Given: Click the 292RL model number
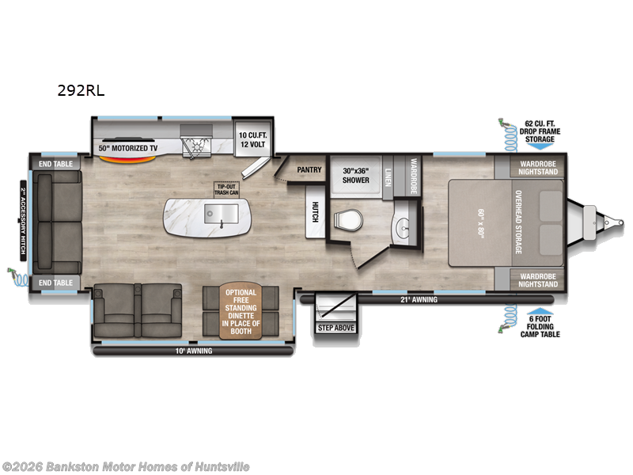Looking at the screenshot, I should [81, 90].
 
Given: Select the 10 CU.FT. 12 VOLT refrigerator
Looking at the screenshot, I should [254, 140].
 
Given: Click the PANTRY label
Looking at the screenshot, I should [308, 169].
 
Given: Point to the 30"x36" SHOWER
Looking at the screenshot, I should [356, 175].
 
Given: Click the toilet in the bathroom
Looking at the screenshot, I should [345, 219].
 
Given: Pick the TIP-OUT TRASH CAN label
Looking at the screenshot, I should [226, 190].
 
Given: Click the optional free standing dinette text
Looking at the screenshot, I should [242, 311].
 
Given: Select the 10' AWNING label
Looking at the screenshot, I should [195, 350].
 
